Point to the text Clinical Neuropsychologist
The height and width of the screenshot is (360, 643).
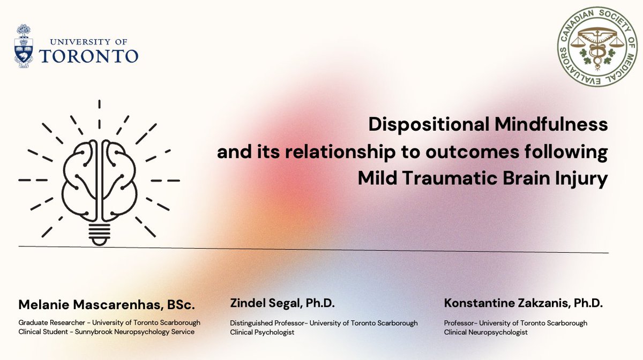[485, 332]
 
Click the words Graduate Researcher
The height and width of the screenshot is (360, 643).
[47, 322]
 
